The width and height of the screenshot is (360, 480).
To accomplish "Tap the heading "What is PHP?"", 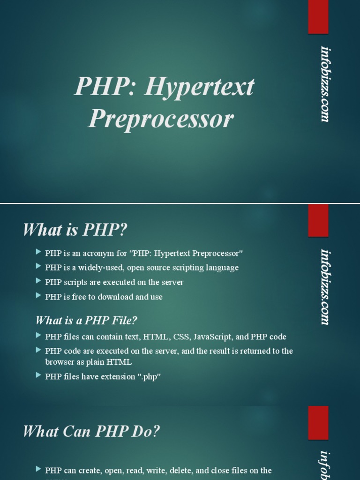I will tap(75, 230).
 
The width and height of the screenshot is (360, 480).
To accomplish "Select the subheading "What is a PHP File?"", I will tap(86, 321).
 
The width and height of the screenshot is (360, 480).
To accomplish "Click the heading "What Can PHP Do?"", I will tap(91, 431).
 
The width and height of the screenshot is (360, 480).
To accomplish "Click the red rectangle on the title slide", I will tap(318, 17).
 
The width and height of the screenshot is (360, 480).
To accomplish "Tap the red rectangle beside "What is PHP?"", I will tap(318, 220).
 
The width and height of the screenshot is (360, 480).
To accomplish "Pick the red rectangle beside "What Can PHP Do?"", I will tap(318, 423).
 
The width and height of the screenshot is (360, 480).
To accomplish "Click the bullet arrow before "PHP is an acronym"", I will tap(38, 253).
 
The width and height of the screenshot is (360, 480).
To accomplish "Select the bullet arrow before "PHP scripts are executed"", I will tap(38, 282).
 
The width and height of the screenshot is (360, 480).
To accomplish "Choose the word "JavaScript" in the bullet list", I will tap(212, 337).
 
